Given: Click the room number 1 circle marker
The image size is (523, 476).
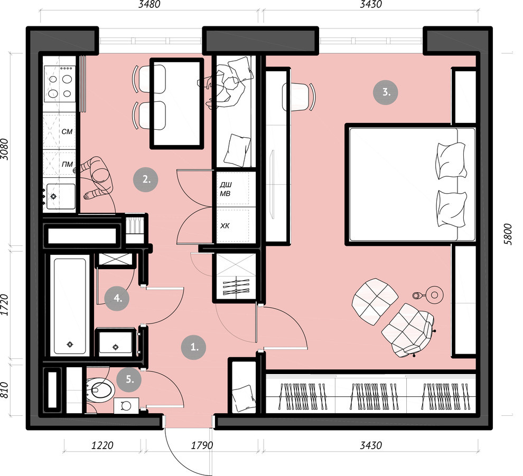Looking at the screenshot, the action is pyautogui.click(x=193, y=348).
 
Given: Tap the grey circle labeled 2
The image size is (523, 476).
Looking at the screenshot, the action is pyautogui.click(x=145, y=179).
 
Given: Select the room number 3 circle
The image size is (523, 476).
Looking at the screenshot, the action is pyautogui.click(x=386, y=92).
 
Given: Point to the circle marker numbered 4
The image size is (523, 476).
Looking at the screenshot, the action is pyautogui.click(x=117, y=298).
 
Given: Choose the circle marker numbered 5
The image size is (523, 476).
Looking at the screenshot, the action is pyautogui.click(x=129, y=379).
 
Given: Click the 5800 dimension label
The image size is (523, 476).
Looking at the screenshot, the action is pyautogui.click(x=508, y=234).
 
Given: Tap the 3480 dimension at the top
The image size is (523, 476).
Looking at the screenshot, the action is pyautogui.click(x=149, y=4).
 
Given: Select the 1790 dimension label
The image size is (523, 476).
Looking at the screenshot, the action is pyautogui.click(x=202, y=445).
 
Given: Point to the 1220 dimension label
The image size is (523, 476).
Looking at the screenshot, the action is pyautogui.click(x=102, y=445).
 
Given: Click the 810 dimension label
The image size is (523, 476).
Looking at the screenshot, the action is pyautogui.click(x=4, y=390).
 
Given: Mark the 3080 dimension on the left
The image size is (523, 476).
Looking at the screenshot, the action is pyautogui.click(x=4, y=149).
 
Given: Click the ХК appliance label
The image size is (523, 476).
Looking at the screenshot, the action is pyautogui.click(x=225, y=226).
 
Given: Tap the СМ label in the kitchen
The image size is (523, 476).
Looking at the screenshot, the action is pyautogui.click(x=67, y=131).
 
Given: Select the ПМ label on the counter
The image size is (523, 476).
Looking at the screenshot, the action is pyautogui.click(x=68, y=165).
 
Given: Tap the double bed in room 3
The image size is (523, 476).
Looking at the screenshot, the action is pyautogui.click(x=412, y=185).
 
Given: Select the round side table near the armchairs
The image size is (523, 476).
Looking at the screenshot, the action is pyautogui.click(x=434, y=295).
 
